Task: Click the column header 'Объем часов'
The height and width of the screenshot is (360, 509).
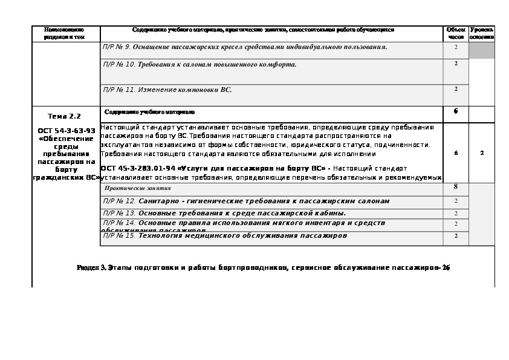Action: pyautogui.click(x=456, y=33)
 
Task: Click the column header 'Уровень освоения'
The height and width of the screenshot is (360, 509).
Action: pyautogui.click(x=482, y=33)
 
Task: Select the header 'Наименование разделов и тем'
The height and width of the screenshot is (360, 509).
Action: pyautogui.click(x=64, y=33)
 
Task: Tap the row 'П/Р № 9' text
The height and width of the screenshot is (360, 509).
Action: pyautogui.click(x=245, y=47)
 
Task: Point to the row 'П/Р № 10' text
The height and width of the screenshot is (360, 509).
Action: pyautogui.click(x=199, y=64)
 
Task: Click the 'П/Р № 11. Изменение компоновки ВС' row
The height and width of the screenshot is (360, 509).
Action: pyautogui.click(x=167, y=90)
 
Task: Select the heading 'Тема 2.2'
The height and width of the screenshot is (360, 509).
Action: pyautogui.click(x=64, y=116)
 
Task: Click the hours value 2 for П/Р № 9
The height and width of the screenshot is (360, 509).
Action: pyautogui.click(x=456, y=47)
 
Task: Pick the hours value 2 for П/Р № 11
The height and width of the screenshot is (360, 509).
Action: pyautogui.click(x=456, y=89)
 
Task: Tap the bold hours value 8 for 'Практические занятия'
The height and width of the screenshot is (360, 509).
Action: pyautogui.click(x=456, y=187)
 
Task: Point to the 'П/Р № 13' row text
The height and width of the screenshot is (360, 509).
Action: pyautogui.click(x=224, y=213)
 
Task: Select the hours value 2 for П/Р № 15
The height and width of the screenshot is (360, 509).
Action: pyautogui.click(x=456, y=235)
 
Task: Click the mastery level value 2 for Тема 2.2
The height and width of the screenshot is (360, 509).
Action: pyautogui.click(x=482, y=153)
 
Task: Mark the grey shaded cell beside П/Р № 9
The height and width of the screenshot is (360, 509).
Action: pyautogui.click(x=482, y=50)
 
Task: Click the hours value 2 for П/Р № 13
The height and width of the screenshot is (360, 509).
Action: pyautogui.click(x=456, y=213)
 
